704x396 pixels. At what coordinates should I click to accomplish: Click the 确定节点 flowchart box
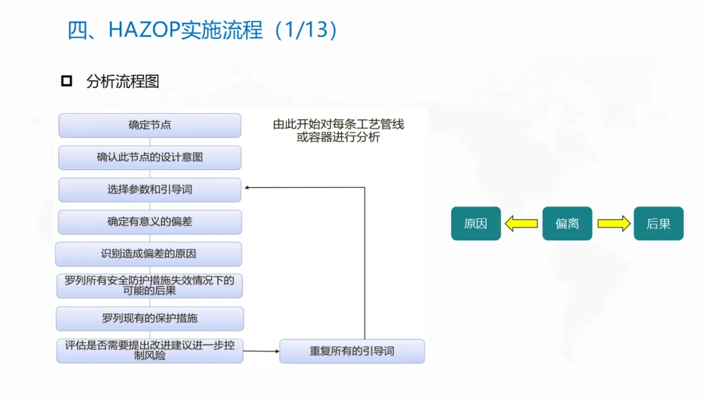(x=150, y=125)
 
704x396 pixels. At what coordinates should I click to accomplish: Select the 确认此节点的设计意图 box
(x=150, y=158)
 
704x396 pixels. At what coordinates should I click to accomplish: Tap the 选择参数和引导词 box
(x=150, y=190)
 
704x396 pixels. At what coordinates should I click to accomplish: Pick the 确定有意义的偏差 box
(x=150, y=222)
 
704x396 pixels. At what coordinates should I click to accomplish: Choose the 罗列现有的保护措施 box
(x=150, y=318)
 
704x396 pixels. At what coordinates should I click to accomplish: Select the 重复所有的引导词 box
(x=352, y=351)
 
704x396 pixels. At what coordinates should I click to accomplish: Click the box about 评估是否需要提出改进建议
(x=150, y=350)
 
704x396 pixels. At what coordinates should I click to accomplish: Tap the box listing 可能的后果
(x=150, y=286)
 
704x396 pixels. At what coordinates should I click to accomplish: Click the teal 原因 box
(x=476, y=224)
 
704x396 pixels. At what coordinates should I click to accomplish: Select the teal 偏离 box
(x=567, y=224)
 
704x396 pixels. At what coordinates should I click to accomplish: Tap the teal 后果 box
(x=658, y=224)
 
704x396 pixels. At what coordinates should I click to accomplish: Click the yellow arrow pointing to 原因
(x=521, y=224)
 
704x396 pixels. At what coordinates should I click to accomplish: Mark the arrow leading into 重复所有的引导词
(x=261, y=351)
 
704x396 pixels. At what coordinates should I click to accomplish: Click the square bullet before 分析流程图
(x=66, y=81)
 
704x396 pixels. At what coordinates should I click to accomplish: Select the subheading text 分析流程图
(x=123, y=81)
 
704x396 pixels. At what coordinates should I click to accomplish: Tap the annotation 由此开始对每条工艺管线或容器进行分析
(x=338, y=130)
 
